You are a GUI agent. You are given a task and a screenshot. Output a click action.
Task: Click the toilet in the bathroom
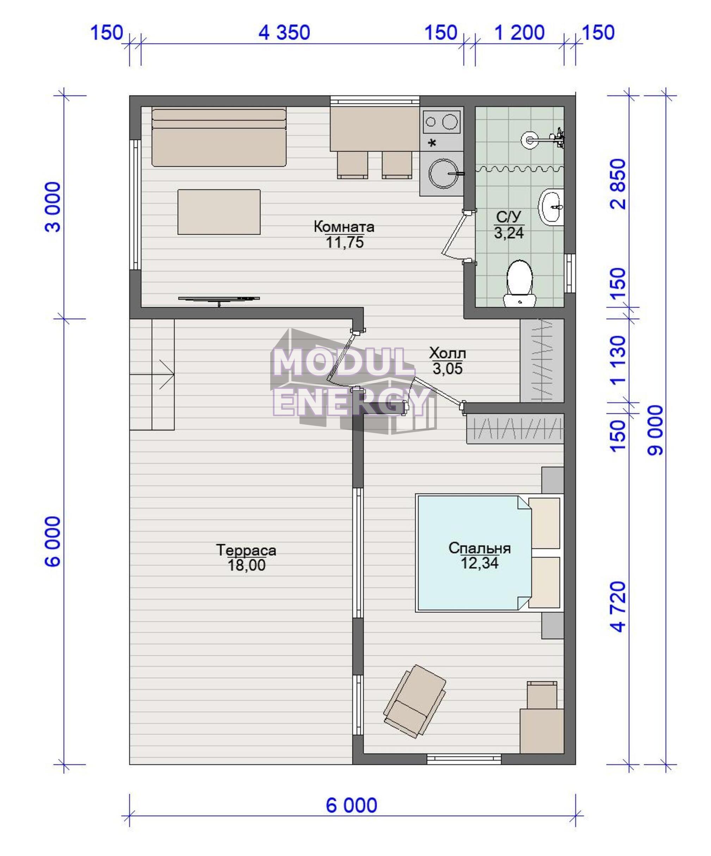[x=519, y=283]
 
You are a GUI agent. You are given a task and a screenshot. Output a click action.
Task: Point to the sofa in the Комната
[x=219, y=136]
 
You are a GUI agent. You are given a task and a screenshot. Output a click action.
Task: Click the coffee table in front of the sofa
[x=219, y=212]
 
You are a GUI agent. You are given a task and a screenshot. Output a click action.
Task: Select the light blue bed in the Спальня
[x=474, y=552]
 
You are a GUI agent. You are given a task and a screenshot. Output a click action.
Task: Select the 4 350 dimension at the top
[x=284, y=32]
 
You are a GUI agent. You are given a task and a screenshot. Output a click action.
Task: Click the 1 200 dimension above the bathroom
[x=519, y=32]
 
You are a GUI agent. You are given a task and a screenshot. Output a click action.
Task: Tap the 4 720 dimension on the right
[x=618, y=606]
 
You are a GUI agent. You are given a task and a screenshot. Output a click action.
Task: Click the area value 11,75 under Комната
[x=344, y=243]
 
